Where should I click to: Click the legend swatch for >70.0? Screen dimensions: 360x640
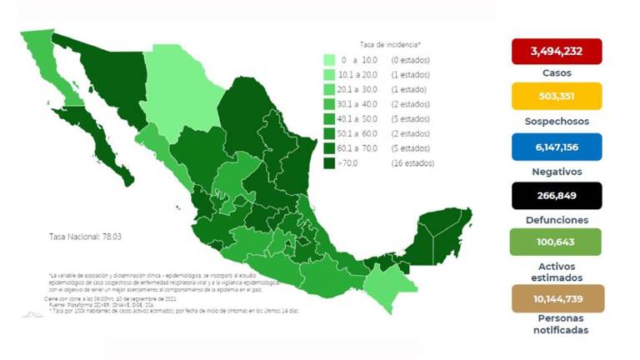point(330,163)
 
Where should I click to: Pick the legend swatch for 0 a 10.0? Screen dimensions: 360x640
point(330,61)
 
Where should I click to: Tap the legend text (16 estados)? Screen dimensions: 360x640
point(412,163)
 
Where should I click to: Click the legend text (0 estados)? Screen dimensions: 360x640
point(411,61)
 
